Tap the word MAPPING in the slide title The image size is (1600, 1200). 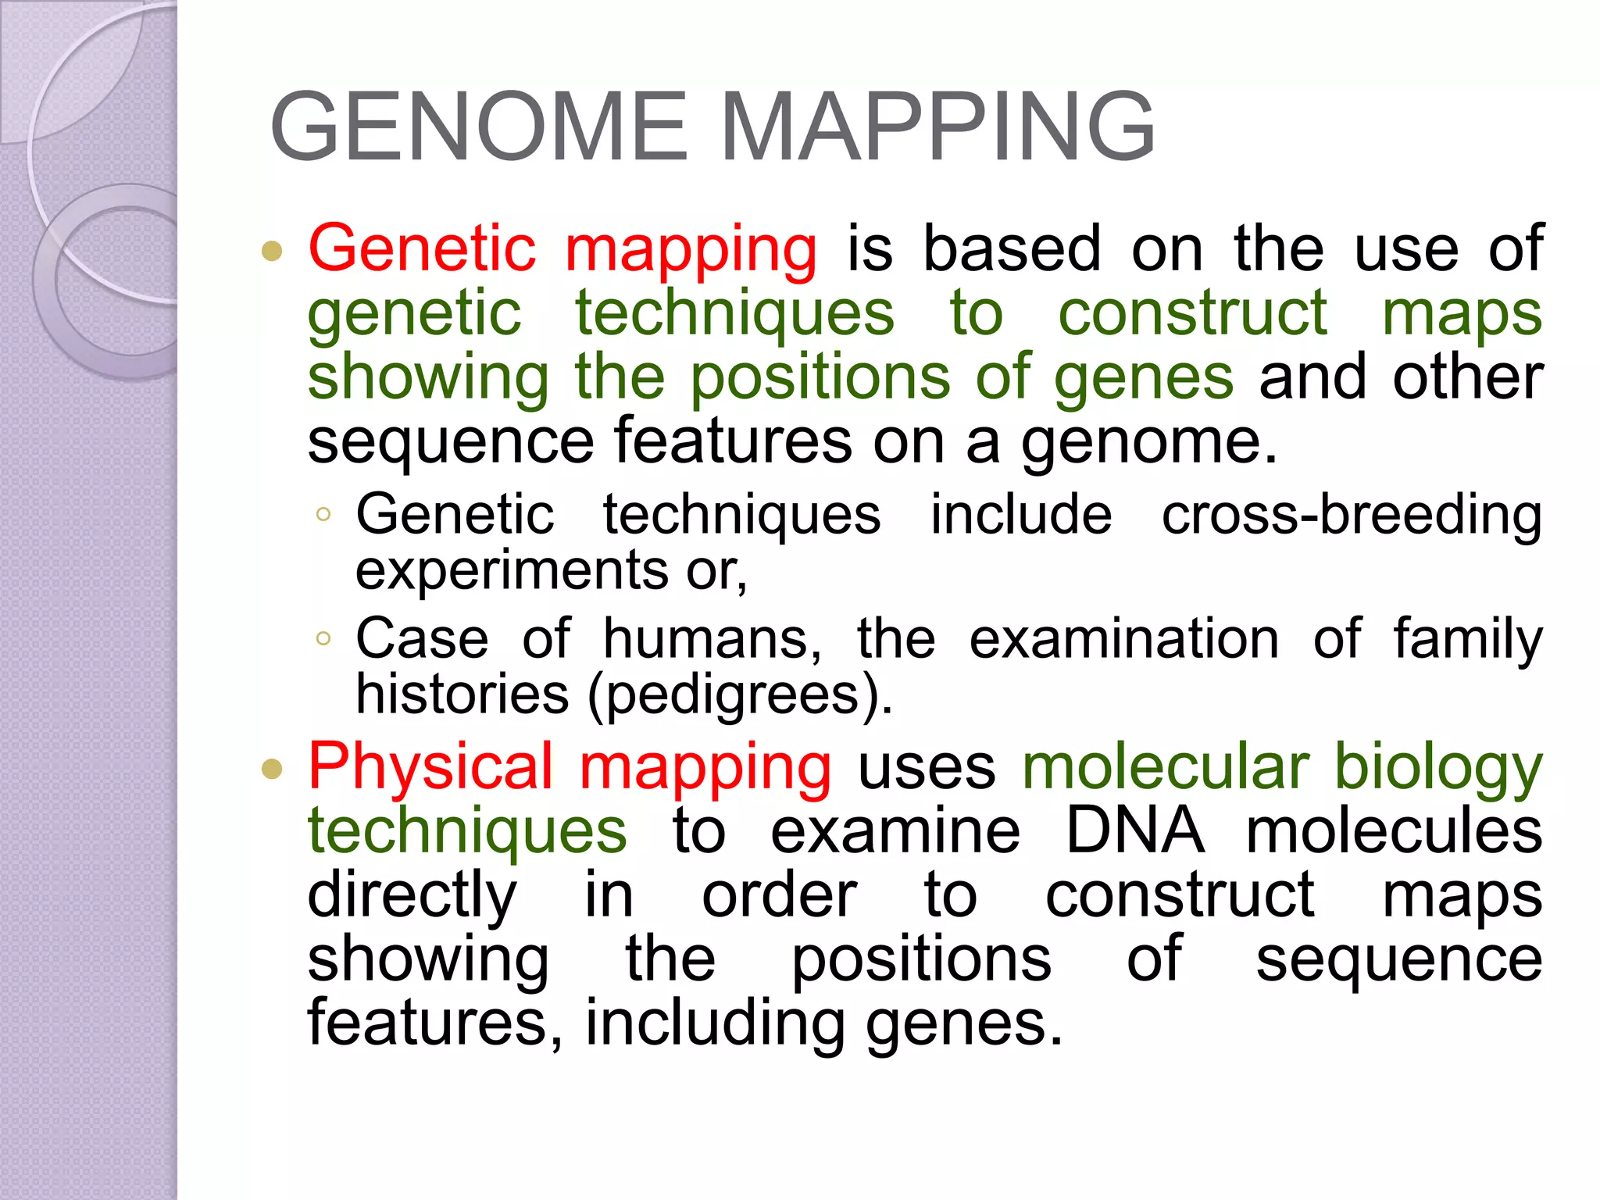pos(937,127)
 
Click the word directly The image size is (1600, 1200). pos(412,897)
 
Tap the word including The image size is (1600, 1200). pos(714,1024)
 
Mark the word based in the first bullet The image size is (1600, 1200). pos(1012,249)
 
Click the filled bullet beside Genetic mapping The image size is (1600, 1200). pos(272,251)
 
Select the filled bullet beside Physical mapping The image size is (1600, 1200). pos(272,769)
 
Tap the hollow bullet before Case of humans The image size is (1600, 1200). pos(323,639)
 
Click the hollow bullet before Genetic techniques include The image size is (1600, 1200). pos(323,515)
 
